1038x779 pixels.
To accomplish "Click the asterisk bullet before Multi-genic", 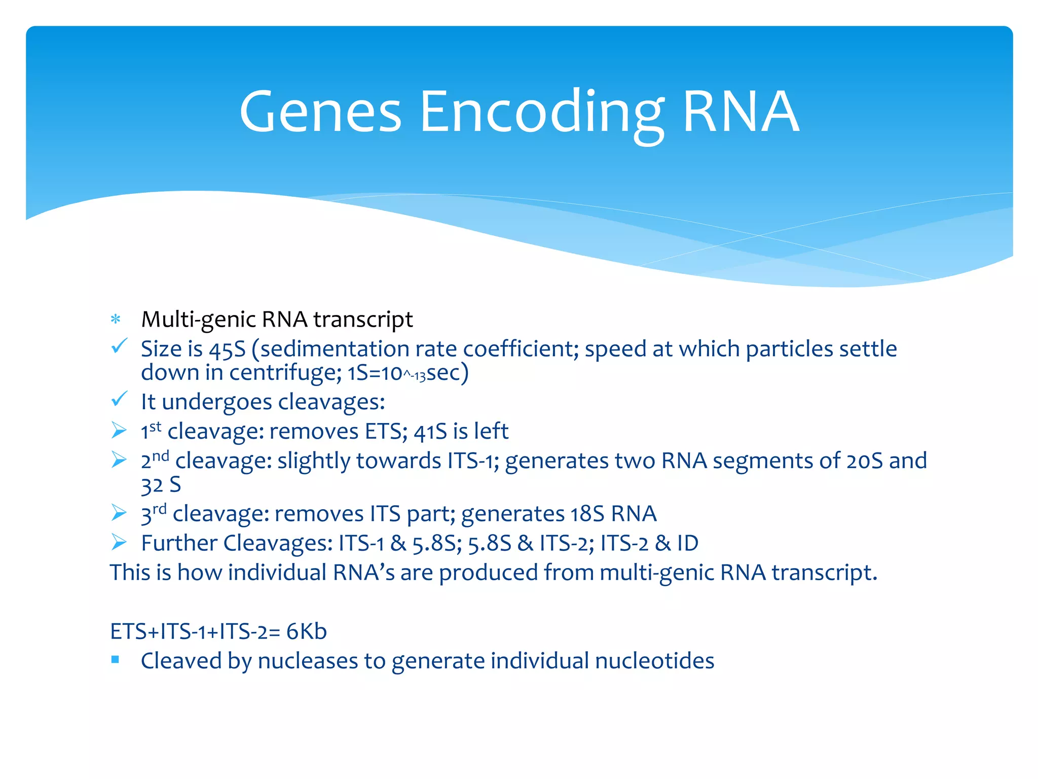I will pos(116,320).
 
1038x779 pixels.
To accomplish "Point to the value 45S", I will pos(227,349).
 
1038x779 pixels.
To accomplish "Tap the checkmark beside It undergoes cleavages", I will pos(119,400).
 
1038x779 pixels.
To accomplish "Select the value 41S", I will pos(430,432).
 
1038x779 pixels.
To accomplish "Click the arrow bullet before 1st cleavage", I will pos(119,431).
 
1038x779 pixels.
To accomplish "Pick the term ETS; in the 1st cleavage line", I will pos(386,432).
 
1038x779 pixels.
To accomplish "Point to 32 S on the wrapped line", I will pos(161,485).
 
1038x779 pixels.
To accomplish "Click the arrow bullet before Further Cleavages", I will pos(119,542).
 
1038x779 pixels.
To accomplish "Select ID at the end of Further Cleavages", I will pos(688,543).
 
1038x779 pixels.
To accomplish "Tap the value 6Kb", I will pos(306,632).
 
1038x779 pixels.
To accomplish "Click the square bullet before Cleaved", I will pos(116,659).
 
